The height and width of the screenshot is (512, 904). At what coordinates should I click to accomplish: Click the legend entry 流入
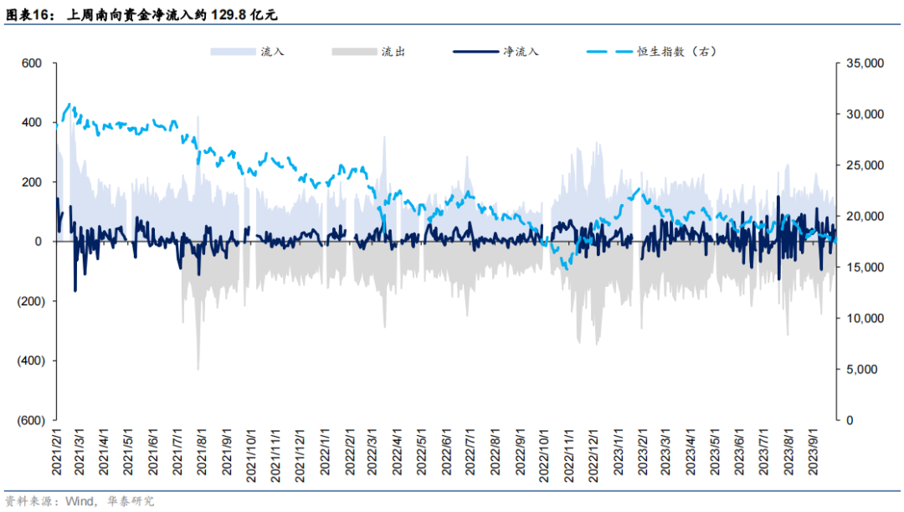pos(272,52)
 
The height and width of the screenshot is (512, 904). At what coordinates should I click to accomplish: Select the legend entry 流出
pos(393,52)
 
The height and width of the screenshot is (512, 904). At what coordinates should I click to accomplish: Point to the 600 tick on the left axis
pos(33,63)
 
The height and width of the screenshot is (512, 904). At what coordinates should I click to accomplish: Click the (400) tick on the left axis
pos(29,361)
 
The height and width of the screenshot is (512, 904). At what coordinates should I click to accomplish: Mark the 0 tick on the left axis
pos(38,242)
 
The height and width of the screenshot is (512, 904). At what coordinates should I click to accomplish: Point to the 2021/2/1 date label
pos(56,453)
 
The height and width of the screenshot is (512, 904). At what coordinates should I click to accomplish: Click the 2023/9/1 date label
pos(812,453)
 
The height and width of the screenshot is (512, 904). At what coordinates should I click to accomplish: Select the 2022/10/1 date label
pos(543,453)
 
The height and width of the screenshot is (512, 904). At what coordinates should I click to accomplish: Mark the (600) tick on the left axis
pos(29,420)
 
